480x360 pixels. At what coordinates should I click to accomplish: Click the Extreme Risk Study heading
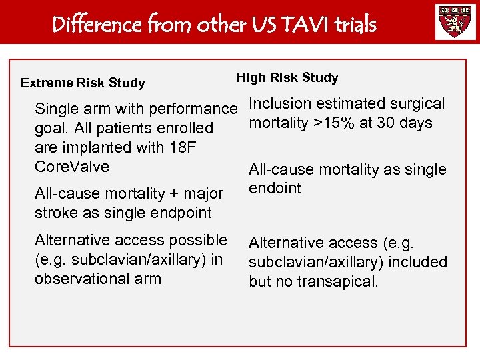(83, 83)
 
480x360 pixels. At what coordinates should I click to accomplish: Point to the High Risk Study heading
(287, 78)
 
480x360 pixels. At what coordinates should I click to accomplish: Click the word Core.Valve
(71, 166)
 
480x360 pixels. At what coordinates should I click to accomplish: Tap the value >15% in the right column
(333, 123)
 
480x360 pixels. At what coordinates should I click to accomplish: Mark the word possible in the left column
(197, 240)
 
